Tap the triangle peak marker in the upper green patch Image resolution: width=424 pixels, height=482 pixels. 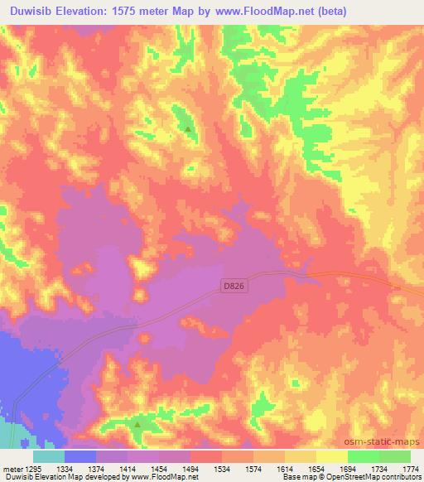189,129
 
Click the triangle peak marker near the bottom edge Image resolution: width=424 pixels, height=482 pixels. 137,424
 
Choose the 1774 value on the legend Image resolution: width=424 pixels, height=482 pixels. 409,469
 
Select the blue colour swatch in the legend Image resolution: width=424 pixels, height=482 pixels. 80,456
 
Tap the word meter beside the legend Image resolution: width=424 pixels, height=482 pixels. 12,469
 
